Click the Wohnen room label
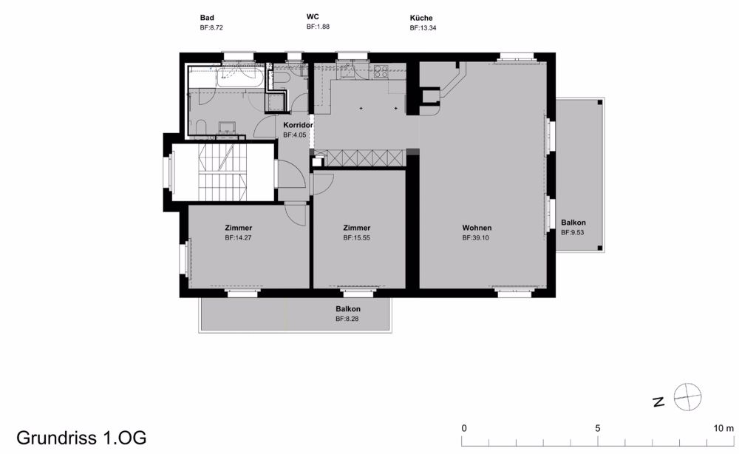(477, 228)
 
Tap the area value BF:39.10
(475, 238)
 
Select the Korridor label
(298, 126)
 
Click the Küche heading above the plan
(421, 18)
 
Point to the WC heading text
(313, 16)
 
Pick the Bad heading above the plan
(207, 18)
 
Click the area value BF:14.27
(238, 238)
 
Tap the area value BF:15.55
(356, 238)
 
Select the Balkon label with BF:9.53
(573, 223)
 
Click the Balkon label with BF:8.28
(348, 309)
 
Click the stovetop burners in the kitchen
(381, 72)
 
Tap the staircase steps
(223, 172)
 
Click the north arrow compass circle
(687, 397)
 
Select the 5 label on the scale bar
(598, 429)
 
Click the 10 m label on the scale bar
(723, 429)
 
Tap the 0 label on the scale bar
(464, 429)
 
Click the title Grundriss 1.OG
(81, 438)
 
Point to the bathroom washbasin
(228, 127)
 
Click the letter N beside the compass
(658, 402)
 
